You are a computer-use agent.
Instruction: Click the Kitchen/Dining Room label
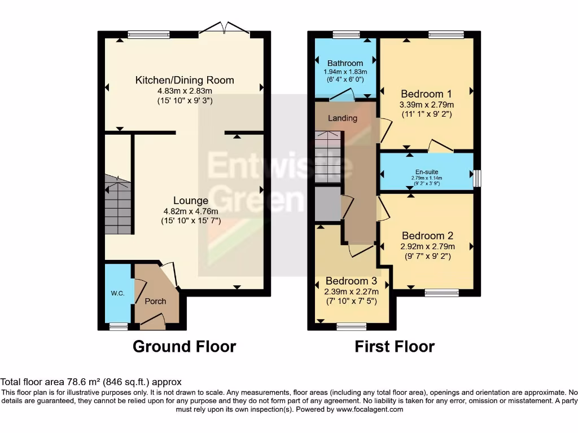pos(185,80)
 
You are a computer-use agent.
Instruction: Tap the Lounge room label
pos(190,201)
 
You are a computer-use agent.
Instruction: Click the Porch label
pos(155,301)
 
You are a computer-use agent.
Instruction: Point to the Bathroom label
pos(345,63)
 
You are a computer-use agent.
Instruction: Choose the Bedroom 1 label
pos(427,94)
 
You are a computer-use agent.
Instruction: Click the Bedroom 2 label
pos(427,236)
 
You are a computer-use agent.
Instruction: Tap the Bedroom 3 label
pos(351,281)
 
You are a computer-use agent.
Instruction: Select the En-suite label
pos(427,172)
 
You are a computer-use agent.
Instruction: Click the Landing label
pos(343,118)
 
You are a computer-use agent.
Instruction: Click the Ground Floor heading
pos(184,346)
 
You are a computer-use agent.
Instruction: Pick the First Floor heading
pos(395,346)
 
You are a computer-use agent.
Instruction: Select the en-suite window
pos(477,178)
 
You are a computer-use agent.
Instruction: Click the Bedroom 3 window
pos(351,326)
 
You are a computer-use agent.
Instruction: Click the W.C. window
pos(118,326)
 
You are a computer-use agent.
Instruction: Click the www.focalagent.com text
pos(371,409)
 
